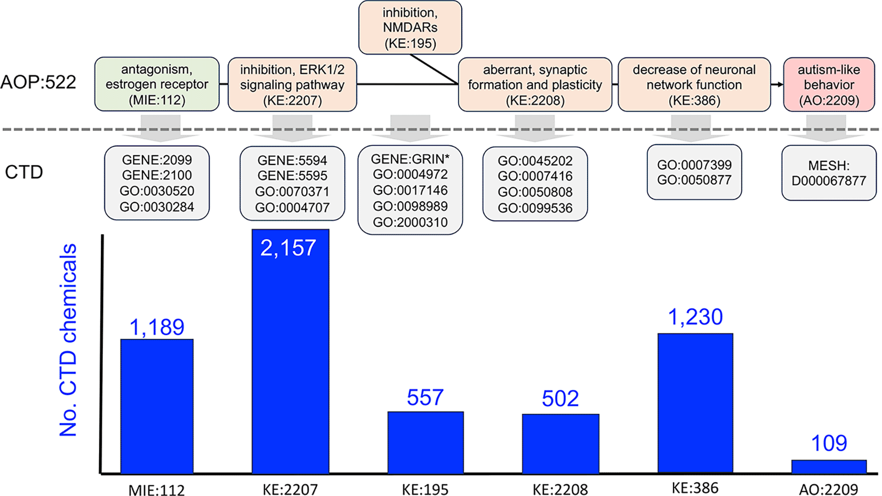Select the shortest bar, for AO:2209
829,467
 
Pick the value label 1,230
695,317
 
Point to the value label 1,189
157,327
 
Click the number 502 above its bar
560,399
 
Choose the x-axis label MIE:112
157,490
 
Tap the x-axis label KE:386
695,488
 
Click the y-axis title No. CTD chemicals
68,340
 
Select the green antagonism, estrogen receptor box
157,84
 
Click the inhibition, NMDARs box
410,28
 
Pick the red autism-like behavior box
829,85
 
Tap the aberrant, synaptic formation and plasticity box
535,85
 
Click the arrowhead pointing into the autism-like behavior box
780,84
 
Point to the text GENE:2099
157,160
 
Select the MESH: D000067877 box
829,173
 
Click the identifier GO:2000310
410,222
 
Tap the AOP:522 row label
38,82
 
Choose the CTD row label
24,172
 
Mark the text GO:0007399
694,165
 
